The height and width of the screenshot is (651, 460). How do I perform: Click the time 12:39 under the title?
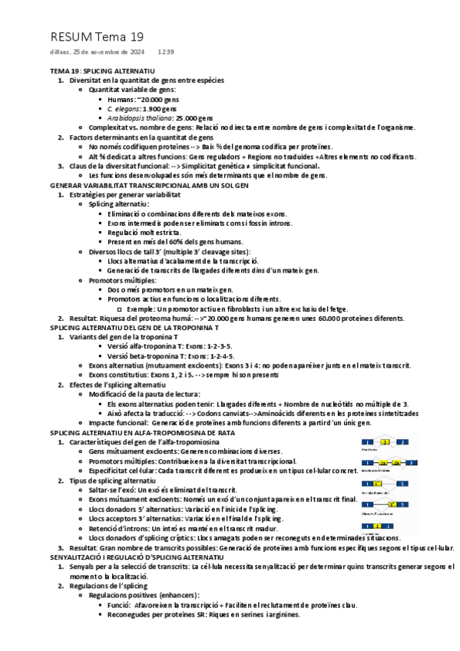click(x=166, y=52)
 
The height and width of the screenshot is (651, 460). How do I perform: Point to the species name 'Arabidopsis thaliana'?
click(x=141, y=118)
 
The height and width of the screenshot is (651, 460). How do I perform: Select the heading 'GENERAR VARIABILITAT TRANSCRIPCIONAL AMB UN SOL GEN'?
click(x=149, y=185)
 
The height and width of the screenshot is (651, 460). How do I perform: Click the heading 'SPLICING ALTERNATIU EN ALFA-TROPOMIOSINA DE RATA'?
click(x=143, y=432)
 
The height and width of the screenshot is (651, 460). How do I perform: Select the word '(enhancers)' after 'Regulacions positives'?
click(x=176, y=594)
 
